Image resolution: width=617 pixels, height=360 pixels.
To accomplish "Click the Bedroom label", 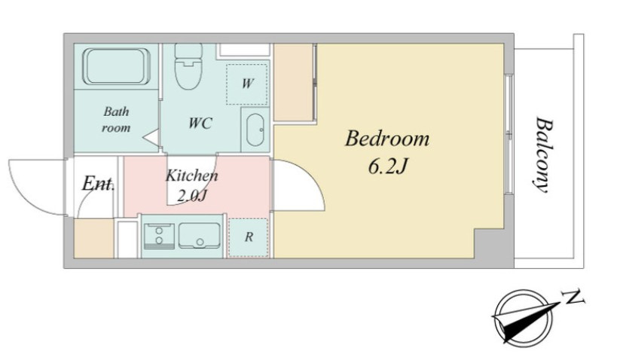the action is point(387,139).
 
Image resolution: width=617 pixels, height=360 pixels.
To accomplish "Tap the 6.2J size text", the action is point(387,166).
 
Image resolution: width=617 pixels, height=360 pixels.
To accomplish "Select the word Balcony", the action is point(544,154).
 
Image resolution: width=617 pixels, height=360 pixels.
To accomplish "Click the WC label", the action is point(200,124).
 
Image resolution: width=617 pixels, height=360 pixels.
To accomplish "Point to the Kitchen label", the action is point(191,175).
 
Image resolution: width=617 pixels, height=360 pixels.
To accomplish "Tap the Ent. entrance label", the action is point(99,183).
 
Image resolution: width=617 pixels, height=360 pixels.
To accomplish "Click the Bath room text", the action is point(116,119).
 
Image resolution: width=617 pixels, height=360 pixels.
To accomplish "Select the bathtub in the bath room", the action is point(116,66).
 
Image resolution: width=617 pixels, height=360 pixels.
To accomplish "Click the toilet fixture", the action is point(188,66).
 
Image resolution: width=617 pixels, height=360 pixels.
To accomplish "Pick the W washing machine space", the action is point(247,84).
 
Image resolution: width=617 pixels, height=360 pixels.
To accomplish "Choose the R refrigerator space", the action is point(249,237).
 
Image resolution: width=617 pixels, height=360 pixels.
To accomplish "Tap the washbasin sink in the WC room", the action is point(255,130).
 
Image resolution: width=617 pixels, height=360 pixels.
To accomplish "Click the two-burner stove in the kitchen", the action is point(159,236).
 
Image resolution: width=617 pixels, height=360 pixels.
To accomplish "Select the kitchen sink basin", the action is point(200,236).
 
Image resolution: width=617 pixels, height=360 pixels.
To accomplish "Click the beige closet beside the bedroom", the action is point(293,82).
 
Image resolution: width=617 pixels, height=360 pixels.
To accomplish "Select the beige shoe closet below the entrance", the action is point(93,239).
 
